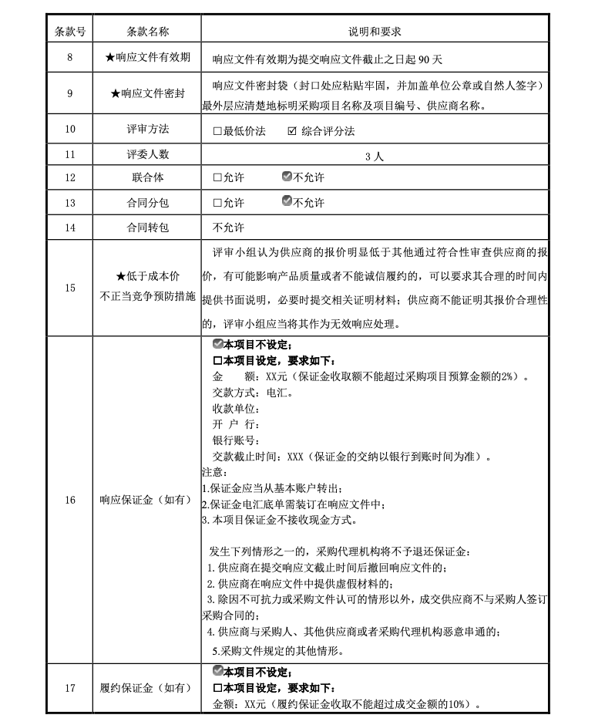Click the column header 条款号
point(70,32)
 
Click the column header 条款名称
point(147,32)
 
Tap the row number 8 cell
point(70,58)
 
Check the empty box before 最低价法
point(217,131)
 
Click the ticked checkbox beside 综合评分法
point(291,131)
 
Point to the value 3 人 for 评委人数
point(375,156)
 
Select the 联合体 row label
point(147,177)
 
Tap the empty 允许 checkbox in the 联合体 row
point(217,178)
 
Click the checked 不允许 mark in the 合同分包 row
point(287,202)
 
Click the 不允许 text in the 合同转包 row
point(228,228)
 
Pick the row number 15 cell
point(70,288)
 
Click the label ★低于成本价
point(147,276)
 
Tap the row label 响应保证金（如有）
point(147,501)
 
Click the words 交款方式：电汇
point(247,392)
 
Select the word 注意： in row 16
point(213,472)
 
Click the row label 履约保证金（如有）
point(147,688)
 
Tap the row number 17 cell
point(70,688)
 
